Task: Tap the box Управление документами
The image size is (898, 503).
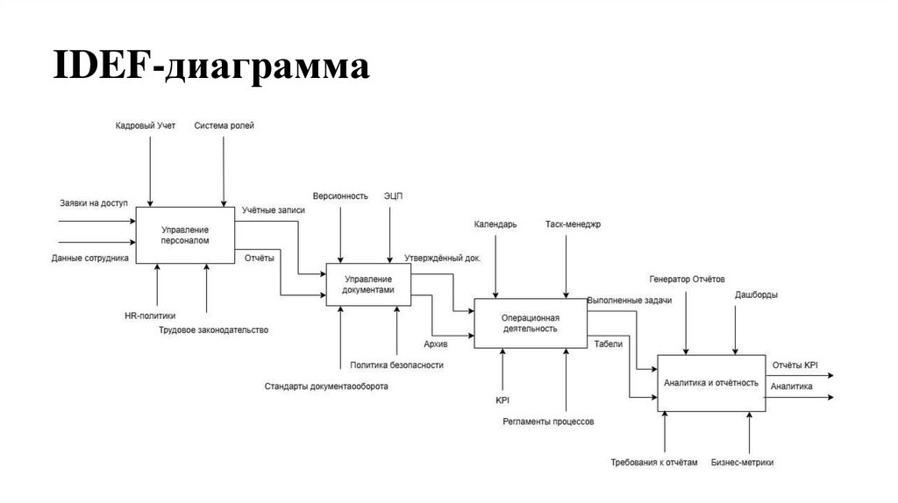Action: [x=368, y=284]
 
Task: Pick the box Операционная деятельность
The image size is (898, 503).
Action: [x=530, y=322]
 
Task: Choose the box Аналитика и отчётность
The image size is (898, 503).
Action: [x=710, y=383]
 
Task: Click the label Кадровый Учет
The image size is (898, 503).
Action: [x=146, y=126]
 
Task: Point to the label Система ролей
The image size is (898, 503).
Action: [x=224, y=126]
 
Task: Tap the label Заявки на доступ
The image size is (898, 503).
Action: [x=94, y=203]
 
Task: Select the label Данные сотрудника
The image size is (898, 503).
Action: [x=90, y=258]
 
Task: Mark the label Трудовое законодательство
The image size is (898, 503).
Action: [x=213, y=330]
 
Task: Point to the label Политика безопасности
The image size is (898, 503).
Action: [x=396, y=365]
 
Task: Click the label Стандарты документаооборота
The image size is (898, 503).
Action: [x=326, y=386]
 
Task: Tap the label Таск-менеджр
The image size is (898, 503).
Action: [x=573, y=224]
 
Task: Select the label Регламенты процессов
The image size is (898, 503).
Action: [x=548, y=422]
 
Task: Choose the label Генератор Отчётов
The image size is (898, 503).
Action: [x=688, y=280]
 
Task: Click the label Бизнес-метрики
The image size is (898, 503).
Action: [x=742, y=462]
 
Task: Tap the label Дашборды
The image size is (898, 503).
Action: [x=755, y=294]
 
